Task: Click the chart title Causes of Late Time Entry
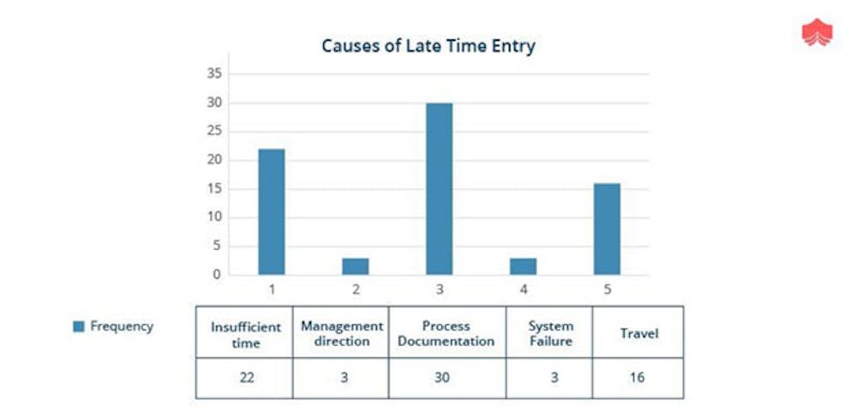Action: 428,46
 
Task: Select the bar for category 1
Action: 272,211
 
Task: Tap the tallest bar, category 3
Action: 440,189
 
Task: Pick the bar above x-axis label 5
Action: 608,229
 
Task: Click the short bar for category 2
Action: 356,266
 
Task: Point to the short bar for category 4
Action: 523,266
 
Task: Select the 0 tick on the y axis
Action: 217,275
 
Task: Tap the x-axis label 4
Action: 524,289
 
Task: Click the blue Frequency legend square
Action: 79,327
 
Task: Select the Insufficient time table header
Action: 245,335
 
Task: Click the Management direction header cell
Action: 342,333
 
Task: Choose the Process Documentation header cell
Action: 446,333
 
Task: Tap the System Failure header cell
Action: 550,333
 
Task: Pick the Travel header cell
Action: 639,333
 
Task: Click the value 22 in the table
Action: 247,376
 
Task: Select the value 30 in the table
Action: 441,376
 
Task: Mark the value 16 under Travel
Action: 637,376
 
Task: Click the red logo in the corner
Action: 817,33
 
